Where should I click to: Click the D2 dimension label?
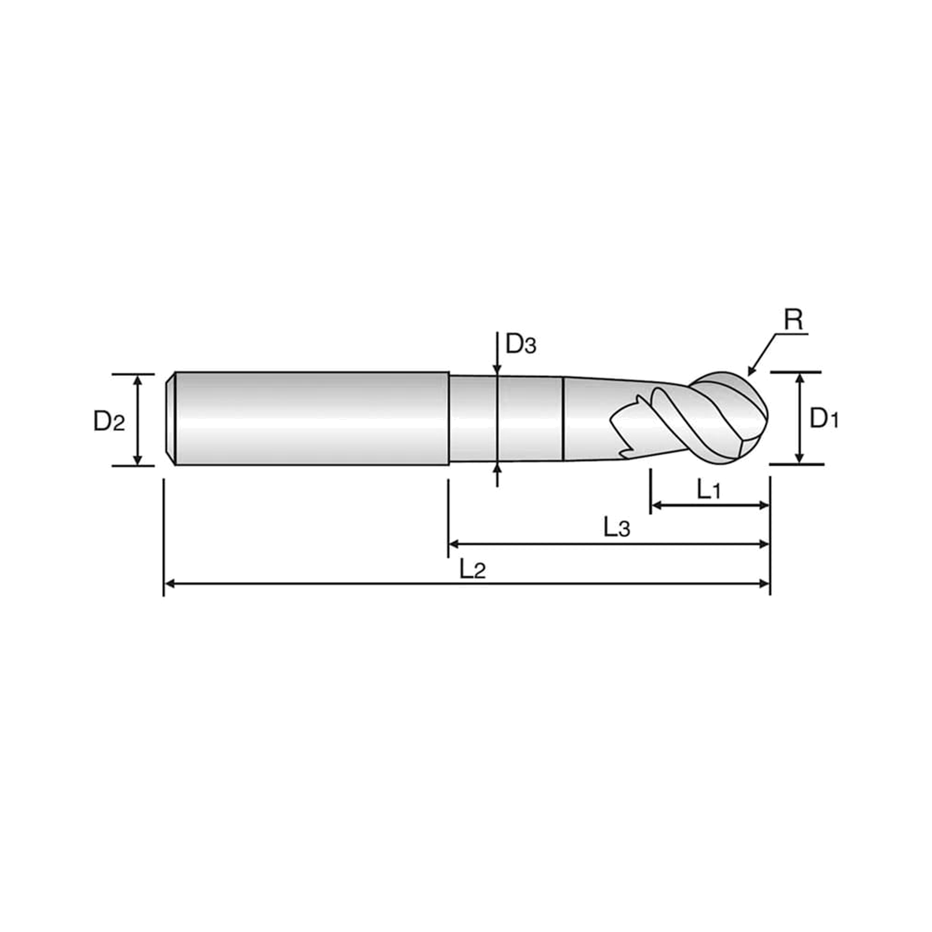click(x=109, y=421)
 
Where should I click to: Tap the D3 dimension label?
click(x=521, y=344)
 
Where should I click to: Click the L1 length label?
click(x=709, y=490)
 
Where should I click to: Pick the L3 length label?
click(x=617, y=527)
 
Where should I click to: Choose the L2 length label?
click(x=472, y=569)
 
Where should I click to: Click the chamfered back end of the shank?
click(x=170, y=418)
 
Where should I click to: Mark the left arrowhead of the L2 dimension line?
click(x=169, y=584)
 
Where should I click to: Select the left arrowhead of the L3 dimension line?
click(x=454, y=544)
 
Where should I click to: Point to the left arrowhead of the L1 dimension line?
click(x=656, y=506)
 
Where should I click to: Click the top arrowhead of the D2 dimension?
click(x=137, y=379)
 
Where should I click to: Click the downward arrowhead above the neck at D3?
click(x=497, y=370)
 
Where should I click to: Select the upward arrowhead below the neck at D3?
click(x=497, y=467)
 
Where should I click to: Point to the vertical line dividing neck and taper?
click(x=563, y=418)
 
